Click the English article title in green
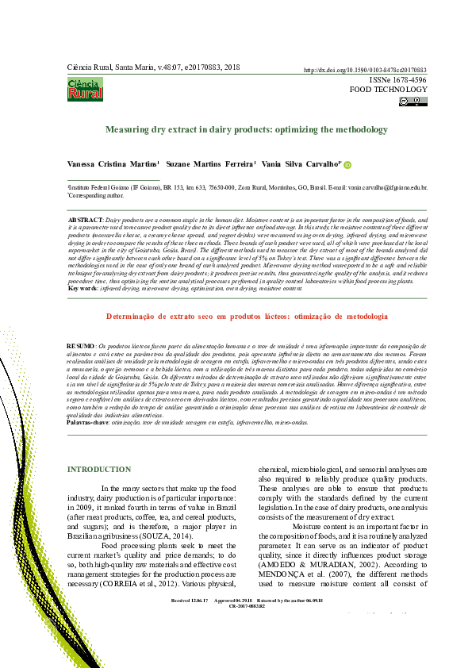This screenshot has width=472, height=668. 235,129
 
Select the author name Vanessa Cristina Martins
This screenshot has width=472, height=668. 113,164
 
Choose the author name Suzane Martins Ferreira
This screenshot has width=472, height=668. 215,164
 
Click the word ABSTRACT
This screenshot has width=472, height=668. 86,218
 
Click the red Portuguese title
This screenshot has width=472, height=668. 236,316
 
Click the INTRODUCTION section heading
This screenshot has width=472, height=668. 99,470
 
